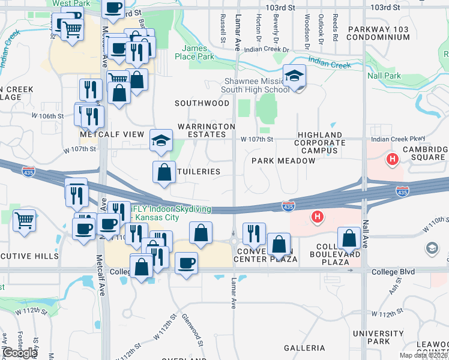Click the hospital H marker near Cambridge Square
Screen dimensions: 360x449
pos(392,160)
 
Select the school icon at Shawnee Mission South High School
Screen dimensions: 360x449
pos(294,76)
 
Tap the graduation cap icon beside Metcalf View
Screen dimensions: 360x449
pos(161,140)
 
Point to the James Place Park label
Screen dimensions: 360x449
pos(194,53)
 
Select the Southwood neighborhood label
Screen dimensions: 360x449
pos(202,103)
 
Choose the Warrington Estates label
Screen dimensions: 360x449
pos(206,131)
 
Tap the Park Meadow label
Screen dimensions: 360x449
pos(279,161)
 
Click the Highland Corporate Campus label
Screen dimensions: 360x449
pos(320,139)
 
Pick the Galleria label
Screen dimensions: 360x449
pos(304,348)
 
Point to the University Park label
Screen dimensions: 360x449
pos(378,338)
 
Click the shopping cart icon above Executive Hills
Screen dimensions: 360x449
pos(24,220)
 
